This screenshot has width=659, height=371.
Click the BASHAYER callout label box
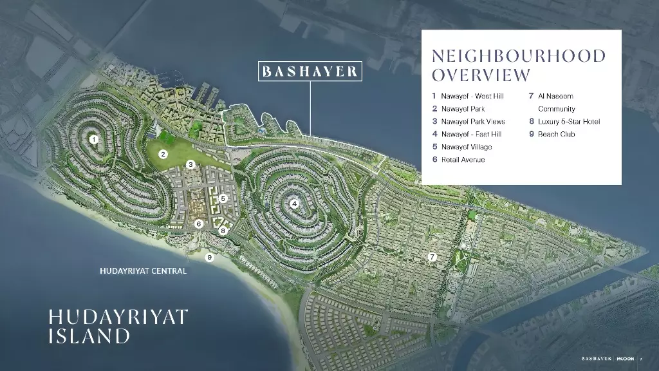tap(310, 71)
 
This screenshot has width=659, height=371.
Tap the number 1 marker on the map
tap(94, 139)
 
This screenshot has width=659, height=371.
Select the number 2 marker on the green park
tap(163, 154)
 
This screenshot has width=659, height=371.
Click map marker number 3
tap(191, 165)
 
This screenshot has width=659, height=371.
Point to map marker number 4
tap(294, 204)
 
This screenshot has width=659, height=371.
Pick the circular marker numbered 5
tap(223, 199)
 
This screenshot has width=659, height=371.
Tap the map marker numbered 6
tap(199, 224)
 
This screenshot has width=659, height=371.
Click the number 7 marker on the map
tap(432, 257)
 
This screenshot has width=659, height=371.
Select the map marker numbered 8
tap(223, 231)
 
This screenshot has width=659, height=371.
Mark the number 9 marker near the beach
tap(209, 258)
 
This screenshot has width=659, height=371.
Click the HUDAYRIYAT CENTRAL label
tap(144, 271)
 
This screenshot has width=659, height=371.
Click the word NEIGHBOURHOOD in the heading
tap(519, 56)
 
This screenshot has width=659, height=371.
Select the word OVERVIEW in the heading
tap(481, 75)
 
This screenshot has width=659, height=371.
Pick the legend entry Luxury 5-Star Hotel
tap(568, 122)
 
